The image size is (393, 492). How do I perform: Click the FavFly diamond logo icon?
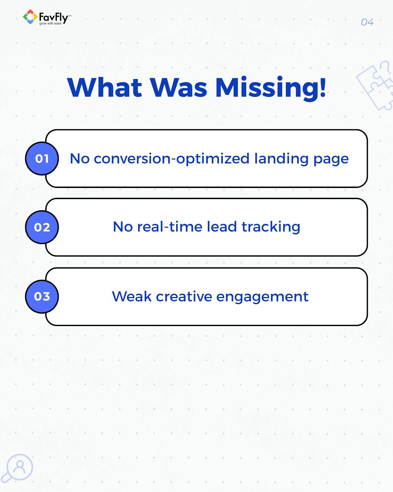[x=30, y=17]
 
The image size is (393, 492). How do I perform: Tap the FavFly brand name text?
[x=54, y=17]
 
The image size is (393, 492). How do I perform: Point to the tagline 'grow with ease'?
[x=50, y=23]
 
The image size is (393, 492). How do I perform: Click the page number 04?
[x=367, y=22]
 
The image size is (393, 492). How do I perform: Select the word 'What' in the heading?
[x=104, y=88]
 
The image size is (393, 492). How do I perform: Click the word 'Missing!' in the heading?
[x=271, y=89]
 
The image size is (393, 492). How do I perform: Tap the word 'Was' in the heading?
[x=178, y=88]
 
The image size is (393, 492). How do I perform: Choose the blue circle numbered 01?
[x=42, y=158]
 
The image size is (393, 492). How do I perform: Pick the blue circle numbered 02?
[x=42, y=227]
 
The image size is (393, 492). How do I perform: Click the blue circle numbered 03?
[x=42, y=296]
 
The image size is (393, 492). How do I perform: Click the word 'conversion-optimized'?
[x=172, y=159]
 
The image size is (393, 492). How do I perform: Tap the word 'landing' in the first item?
[x=281, y=159]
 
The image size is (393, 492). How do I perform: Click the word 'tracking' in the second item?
[x=271, y=227]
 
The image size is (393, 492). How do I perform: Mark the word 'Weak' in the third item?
[x=132, y=296]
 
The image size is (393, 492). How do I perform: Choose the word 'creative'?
[x=184, y=296]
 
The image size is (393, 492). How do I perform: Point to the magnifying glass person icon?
[x=17, y=469]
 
